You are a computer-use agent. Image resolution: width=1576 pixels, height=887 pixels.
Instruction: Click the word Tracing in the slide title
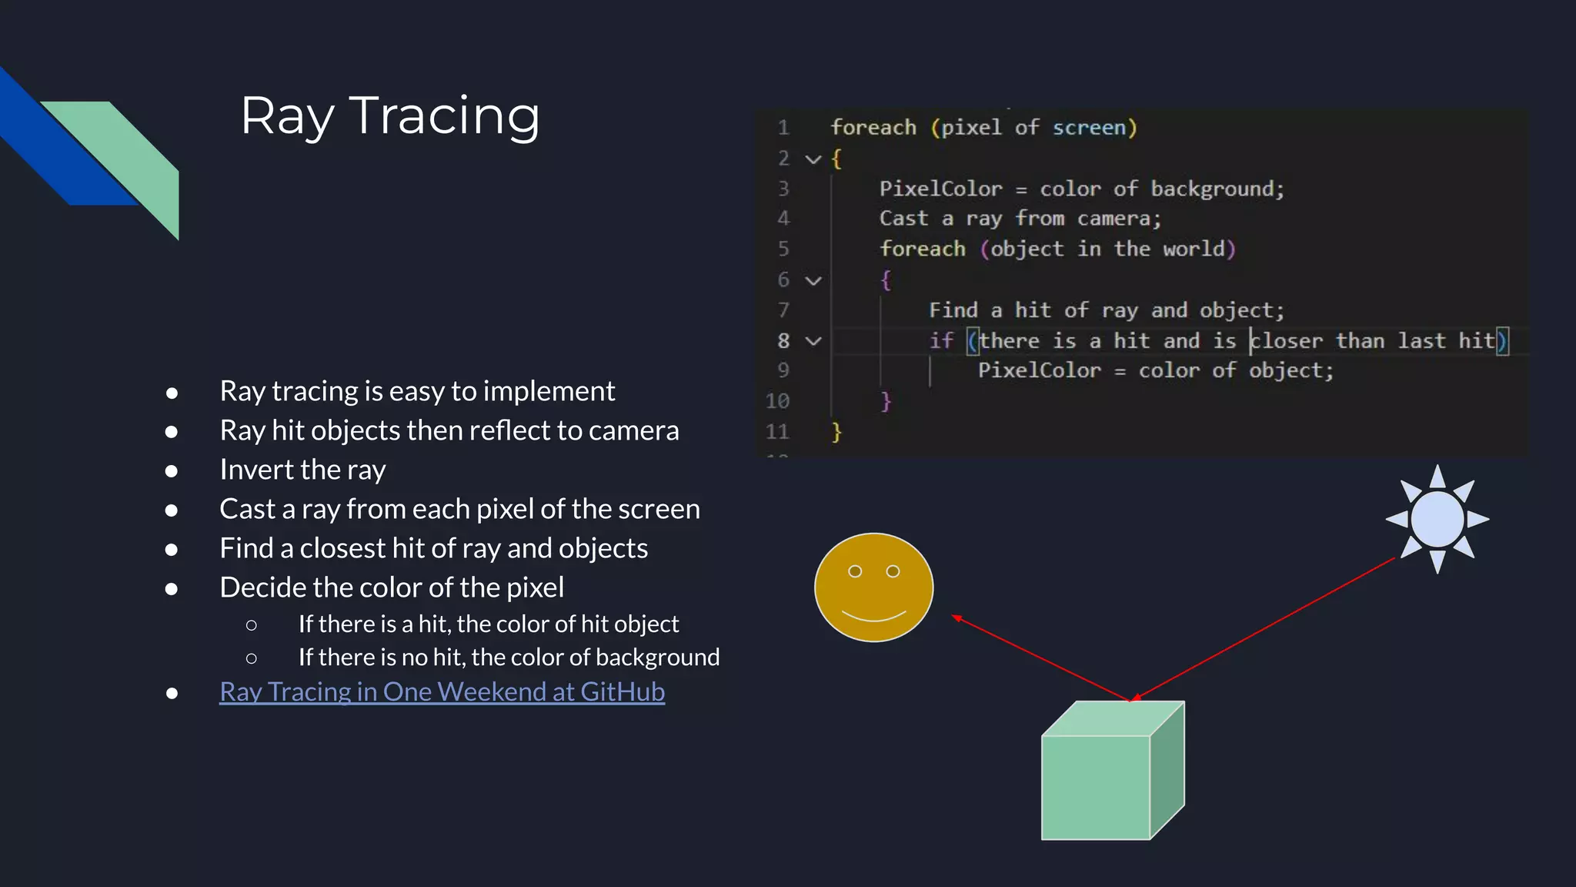[x=444, y=117]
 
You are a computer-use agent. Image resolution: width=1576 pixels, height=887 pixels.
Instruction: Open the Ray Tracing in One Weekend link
[x=442, y=691]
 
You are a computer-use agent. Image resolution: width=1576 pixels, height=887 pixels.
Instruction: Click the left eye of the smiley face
[x=855, y=571]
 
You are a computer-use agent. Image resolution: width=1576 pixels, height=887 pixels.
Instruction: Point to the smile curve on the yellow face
[x=873, y=618]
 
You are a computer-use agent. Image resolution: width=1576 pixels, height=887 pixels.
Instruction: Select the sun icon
[x=1437, y=519]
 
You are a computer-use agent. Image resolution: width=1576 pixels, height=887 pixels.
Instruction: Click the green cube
[x=1096, y=785]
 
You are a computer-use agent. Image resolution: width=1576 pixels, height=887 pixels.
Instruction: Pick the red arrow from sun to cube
[x=1262, y=630]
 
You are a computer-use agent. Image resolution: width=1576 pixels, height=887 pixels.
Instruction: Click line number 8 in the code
[x=783, y=340]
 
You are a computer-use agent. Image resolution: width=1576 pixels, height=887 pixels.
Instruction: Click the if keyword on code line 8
[x=940, y=340]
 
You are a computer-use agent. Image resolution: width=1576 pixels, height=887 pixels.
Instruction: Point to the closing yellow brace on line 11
[x=836, y=432]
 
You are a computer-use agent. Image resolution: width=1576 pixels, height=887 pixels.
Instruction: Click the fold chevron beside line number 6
[x=813, y=280]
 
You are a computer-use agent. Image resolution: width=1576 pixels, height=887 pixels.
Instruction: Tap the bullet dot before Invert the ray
[x=172, y=470]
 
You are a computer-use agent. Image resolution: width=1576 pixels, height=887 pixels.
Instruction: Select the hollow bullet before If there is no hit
[x=251, y=658]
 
